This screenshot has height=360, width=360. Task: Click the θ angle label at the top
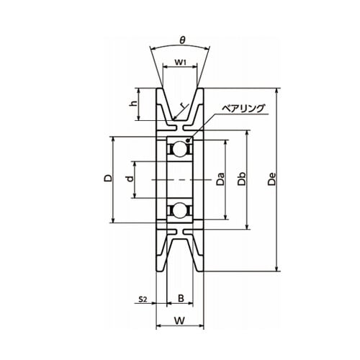coord(182,40)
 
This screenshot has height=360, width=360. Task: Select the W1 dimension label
coord(180,63)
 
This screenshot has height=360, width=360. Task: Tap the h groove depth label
coord(133,103)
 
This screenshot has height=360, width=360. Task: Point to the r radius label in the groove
coord(184,107)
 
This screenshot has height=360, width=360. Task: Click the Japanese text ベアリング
coord(243,109)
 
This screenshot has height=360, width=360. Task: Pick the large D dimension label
coord(108,178)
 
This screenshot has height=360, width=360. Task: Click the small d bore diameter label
coord(130,179)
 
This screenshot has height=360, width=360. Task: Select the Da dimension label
coord(220,179)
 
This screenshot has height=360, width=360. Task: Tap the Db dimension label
coord(242,179)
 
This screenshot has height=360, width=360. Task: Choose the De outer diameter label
coord(272,179)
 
